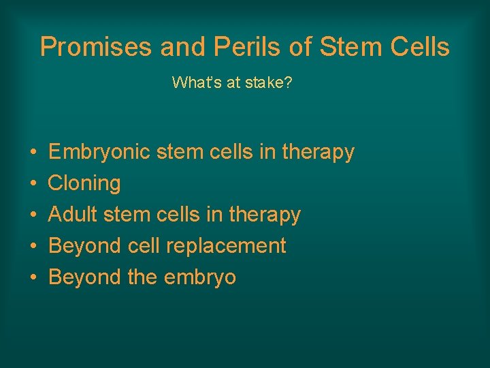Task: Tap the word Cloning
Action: [x=84, y=183]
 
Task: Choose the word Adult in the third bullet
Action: [x=71, y=215]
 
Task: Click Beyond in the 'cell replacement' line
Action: [x=86, y=245]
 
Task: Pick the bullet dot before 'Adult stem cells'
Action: [x=33, y=215]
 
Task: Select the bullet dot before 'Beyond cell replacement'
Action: [x=33, y=246]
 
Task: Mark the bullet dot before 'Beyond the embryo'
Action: [x=33, y=277]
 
